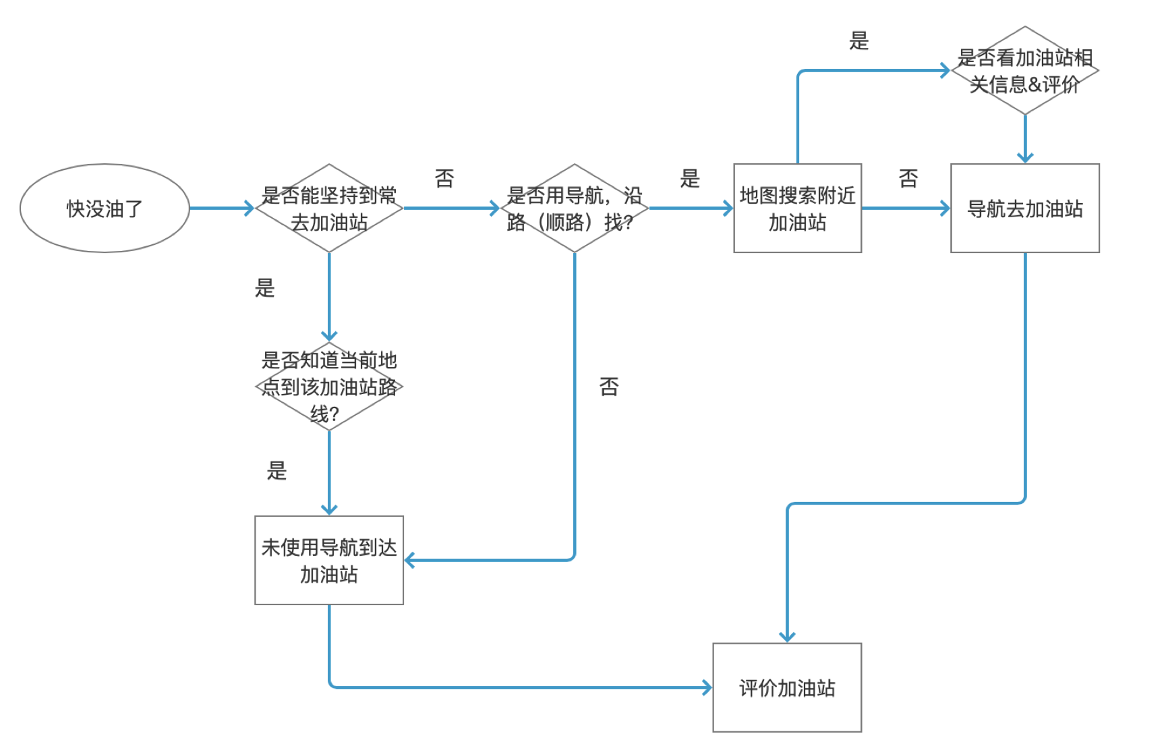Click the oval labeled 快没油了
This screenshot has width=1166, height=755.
(x=105, y=208)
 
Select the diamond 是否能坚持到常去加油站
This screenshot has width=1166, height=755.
(x=329, y=208)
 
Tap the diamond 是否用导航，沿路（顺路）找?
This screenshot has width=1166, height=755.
(x=574, y=208)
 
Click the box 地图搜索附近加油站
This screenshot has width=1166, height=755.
(x=797, y=208)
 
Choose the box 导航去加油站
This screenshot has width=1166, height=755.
(x=1024, y=208)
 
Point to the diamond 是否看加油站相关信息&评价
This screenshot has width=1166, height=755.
(x=1024, y=71)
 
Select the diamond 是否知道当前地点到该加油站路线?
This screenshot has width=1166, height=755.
(x=329, y=387)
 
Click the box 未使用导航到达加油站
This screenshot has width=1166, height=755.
(x=329, y=561)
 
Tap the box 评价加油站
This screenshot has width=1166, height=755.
(x=787, y=688)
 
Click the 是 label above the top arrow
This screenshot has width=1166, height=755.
(x=858, y=41)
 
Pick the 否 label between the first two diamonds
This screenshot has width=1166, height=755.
(x=444, y=179)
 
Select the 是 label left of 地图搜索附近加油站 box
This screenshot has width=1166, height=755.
(x=690, y=179)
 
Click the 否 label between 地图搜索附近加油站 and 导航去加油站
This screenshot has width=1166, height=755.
(x=908, y=179)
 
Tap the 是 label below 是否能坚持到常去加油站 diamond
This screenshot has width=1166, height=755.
(x=265, y=289)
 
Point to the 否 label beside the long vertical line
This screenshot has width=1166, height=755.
(x=609, y=387)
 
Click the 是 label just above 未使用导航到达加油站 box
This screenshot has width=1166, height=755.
(x=277, y=470)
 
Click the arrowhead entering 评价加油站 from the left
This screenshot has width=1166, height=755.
(x=707, y=688)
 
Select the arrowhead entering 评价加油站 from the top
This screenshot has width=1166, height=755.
(x=787, y=636)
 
